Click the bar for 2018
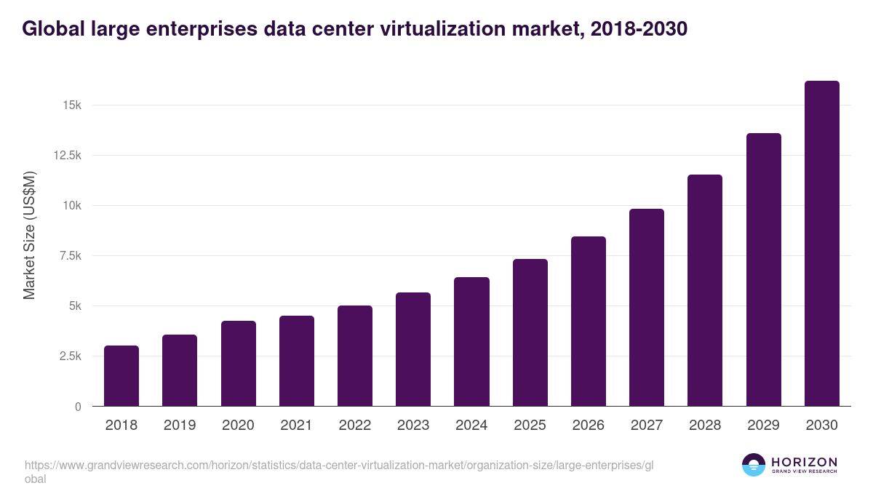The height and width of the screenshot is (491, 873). pos(121,376)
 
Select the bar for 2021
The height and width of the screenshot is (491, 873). pos(297,361)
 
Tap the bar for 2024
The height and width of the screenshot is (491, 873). pos(471,342)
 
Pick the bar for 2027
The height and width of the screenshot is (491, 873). pos(647,308)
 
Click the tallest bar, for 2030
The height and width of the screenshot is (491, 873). pos(821,244)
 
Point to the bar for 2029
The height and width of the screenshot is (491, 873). pos(763,270)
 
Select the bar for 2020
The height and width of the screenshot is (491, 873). pos(239,364)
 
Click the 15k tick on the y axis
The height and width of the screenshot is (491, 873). pos(71,105)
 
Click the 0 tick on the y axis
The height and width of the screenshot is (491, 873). pos(76,407)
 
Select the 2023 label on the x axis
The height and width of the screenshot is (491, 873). pos(413,426)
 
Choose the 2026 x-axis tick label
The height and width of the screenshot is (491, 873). pos(588,426)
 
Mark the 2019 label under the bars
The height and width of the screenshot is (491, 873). pos(180,426)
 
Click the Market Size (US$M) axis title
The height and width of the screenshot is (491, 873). pos(29,236)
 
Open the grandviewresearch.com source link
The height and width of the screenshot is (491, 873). pos(335,465)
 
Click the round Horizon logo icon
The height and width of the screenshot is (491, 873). pos(754,465)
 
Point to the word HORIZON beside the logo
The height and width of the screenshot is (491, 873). pos(804,462)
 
